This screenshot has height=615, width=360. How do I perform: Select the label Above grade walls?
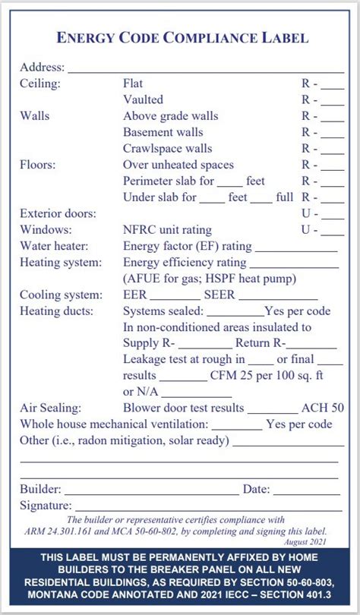170,116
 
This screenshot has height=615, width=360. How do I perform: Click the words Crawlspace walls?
167,148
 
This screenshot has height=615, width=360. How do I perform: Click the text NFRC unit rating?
167,229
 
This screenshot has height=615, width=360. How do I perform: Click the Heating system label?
60,262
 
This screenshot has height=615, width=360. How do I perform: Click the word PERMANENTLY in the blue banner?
189,559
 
